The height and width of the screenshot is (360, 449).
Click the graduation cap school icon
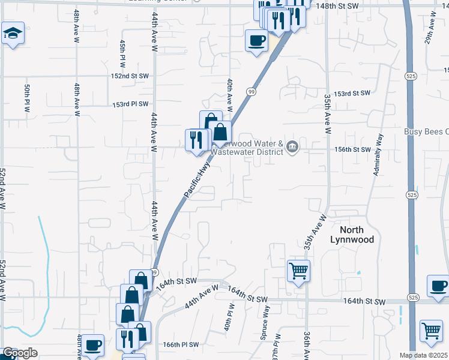12,34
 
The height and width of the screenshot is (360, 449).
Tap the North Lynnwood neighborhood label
352,235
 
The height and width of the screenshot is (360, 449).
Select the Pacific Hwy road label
197,178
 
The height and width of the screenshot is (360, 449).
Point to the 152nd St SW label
129,76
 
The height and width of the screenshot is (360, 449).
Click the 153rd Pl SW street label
130,104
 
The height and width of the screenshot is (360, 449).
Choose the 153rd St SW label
352,94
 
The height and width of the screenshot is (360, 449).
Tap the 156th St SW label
353,149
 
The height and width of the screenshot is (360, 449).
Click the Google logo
20,353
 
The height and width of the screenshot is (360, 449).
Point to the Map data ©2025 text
423,355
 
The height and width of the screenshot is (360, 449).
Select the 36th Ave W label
307,346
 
